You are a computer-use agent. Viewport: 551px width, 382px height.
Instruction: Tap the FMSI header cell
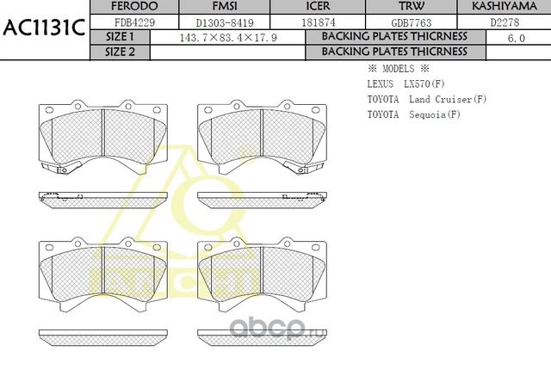(x=212, y=7)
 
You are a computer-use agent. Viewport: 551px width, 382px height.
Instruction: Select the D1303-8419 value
(x=212, y=22)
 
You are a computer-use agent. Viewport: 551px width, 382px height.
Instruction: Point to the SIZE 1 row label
(x=120, y=37)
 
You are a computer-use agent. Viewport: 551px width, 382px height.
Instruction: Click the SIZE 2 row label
(x=120, y=52)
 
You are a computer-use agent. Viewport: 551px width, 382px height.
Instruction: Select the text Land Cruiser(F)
(x=453, y=100)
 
